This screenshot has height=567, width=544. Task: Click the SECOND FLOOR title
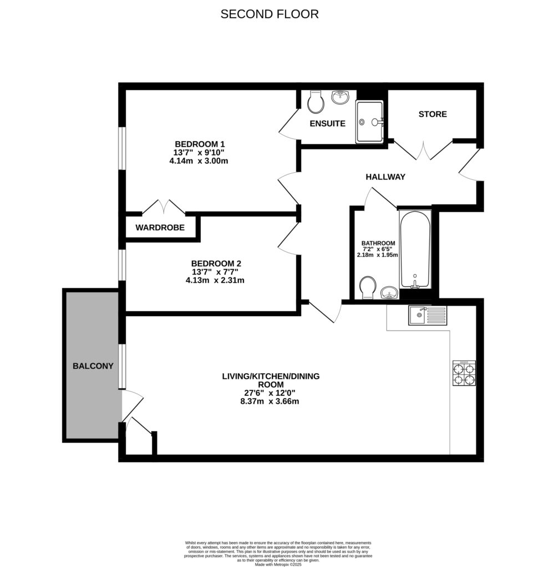pos(270,14)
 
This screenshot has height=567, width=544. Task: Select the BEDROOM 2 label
pos(215,263)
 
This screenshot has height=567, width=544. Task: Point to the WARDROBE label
pos(160,228)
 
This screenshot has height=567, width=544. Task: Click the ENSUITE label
pos(328,123)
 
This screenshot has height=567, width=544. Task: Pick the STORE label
pos(433,114)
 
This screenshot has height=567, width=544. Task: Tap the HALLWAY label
pos(385,177)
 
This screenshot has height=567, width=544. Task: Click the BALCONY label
pos(93,366)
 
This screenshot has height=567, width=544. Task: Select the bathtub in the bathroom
pos(415,249)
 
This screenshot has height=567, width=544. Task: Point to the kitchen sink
pos(427,316)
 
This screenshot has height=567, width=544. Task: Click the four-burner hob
pos(464,373)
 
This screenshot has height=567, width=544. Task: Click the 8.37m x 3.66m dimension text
pos(270,401)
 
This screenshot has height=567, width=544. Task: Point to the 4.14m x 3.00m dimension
pos(199,161)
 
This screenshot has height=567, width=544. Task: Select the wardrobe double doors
pos(164,208)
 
